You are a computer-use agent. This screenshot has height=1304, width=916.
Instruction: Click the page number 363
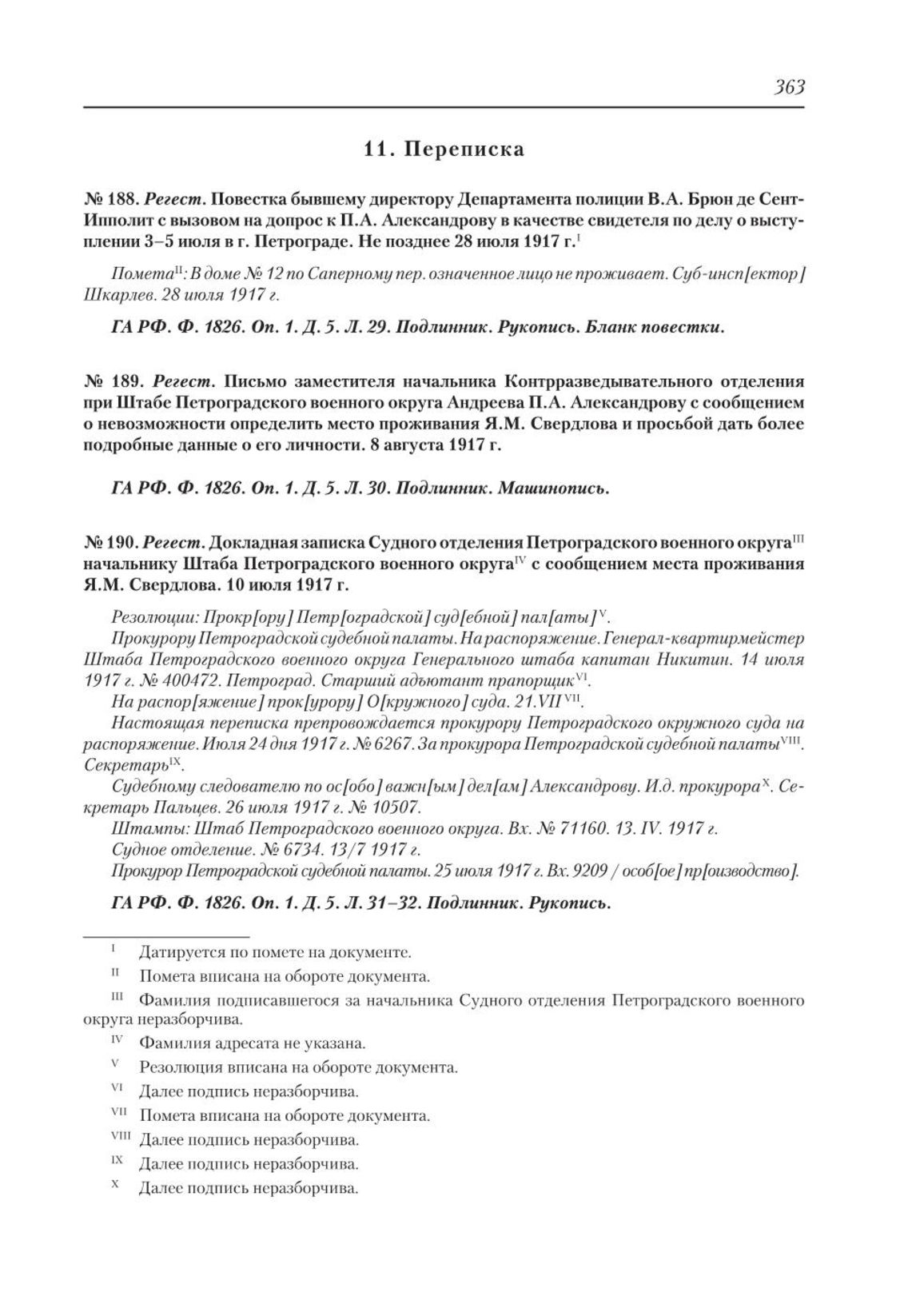(788, 87)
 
